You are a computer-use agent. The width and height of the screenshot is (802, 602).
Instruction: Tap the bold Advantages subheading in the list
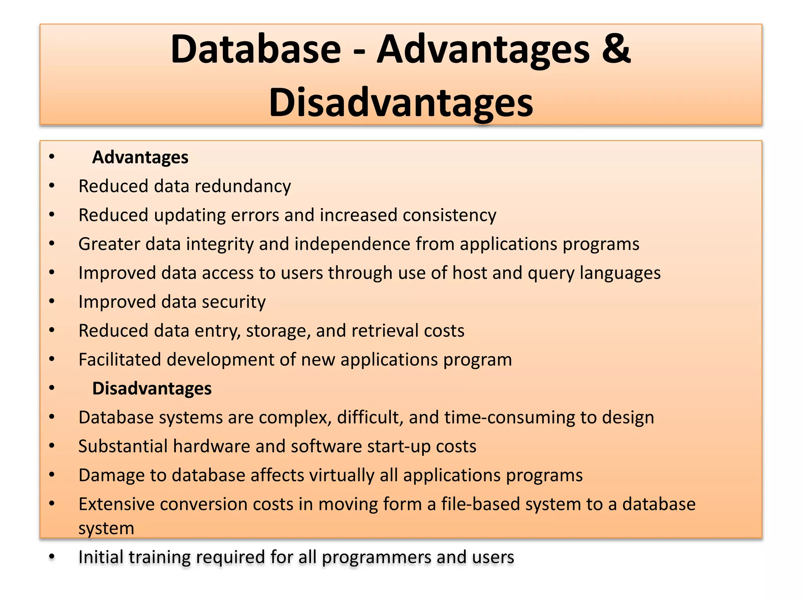point(140,157)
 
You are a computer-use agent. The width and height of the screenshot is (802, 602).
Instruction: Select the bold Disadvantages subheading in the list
point(152,388)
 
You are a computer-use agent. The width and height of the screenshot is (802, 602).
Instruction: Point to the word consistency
point(449,215)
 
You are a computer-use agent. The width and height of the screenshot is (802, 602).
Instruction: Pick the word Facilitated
point(119,359)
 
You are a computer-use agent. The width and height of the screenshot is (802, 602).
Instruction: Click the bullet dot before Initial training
point(52,557)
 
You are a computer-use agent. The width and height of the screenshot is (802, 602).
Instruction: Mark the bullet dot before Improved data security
point(52,302)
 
